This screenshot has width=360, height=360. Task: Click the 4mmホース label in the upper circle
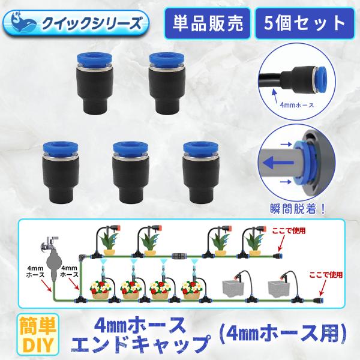pyautogui.click(x=298, y=104)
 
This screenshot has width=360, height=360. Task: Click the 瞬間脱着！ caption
pyautogui.click(x=298, y=209)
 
